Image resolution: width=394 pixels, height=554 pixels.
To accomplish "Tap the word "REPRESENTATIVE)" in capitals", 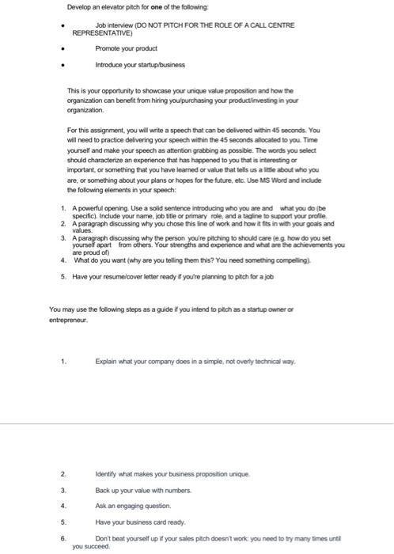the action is (99, 35).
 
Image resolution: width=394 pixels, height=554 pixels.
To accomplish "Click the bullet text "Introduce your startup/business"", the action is (134, 63).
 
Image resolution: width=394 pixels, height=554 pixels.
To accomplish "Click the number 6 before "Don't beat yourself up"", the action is (63, 538).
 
